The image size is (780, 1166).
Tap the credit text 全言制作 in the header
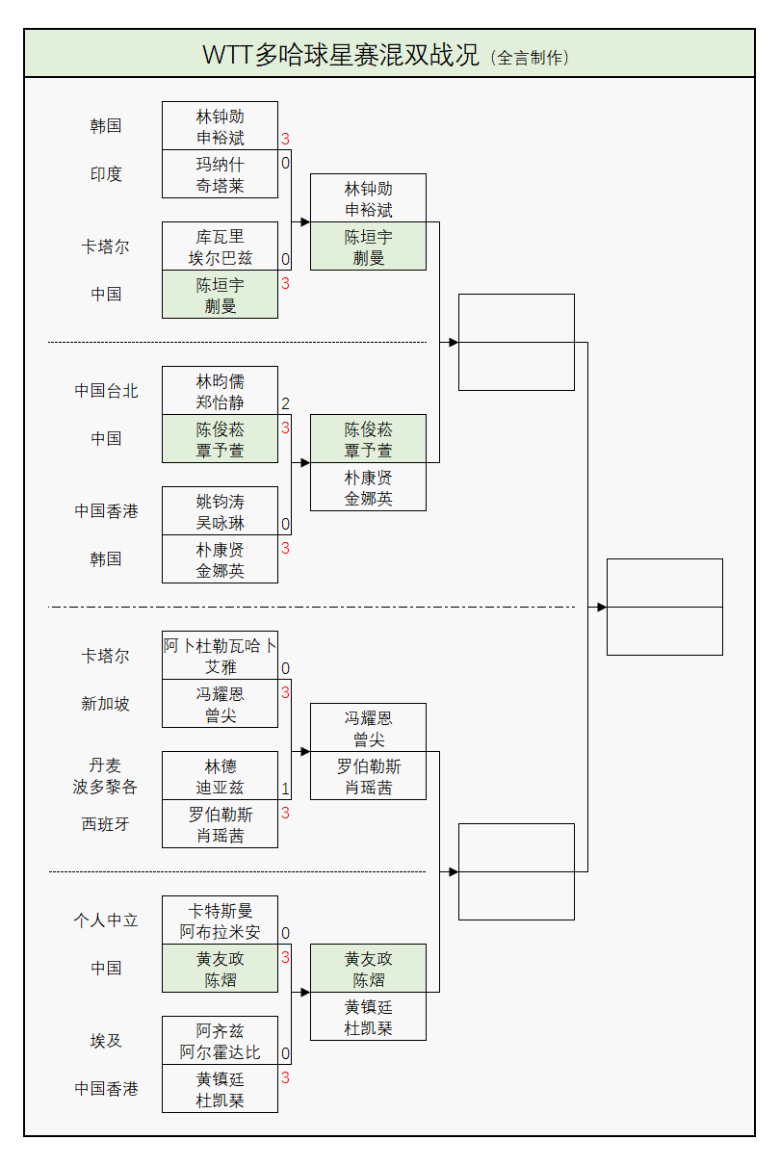pyautogui.click(x=531, y=58)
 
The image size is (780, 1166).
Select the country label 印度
pyautogui.click(x=106, y=174)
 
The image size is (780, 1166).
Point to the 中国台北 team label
pyautogui.click(x=106, y=391)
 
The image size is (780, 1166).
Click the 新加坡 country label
pyautogui.click(x=106, y=704)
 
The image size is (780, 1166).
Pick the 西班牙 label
pyautogui.click(x=106, y=824)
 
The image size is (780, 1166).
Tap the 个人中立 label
pyautogui.click(x=106, y=920)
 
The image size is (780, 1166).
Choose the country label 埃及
pyautogui.click(x=106, y=1041)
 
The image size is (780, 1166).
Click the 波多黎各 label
pyautogui.click(x=106, y=787)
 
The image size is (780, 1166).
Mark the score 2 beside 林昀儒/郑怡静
pyautogui.click(x=285, y=404)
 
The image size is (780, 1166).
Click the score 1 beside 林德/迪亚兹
pyautogui.click(x=285, y=790)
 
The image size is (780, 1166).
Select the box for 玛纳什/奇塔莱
pyautogui.click(x=220, y=174)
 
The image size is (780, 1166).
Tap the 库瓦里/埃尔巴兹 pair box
pyautogui.click(x=220, y=246)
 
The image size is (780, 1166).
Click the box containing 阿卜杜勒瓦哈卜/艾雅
pyautogui.click(x=220, y=656)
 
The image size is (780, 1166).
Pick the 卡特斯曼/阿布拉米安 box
pyautogui.click(x=220, y=920)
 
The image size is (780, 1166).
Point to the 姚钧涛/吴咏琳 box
pyautogui.click(x=220, y=511)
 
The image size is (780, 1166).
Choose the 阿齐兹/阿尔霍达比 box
pyautogui.click(x=220, y=1041)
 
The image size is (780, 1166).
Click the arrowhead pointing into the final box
pyautogui.click(x=601, y=607)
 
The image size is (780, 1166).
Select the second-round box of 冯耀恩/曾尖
pyautogui.click(x=368, y=728)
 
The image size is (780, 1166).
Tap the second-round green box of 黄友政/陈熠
pyautogui.click(x=368, y=969)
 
